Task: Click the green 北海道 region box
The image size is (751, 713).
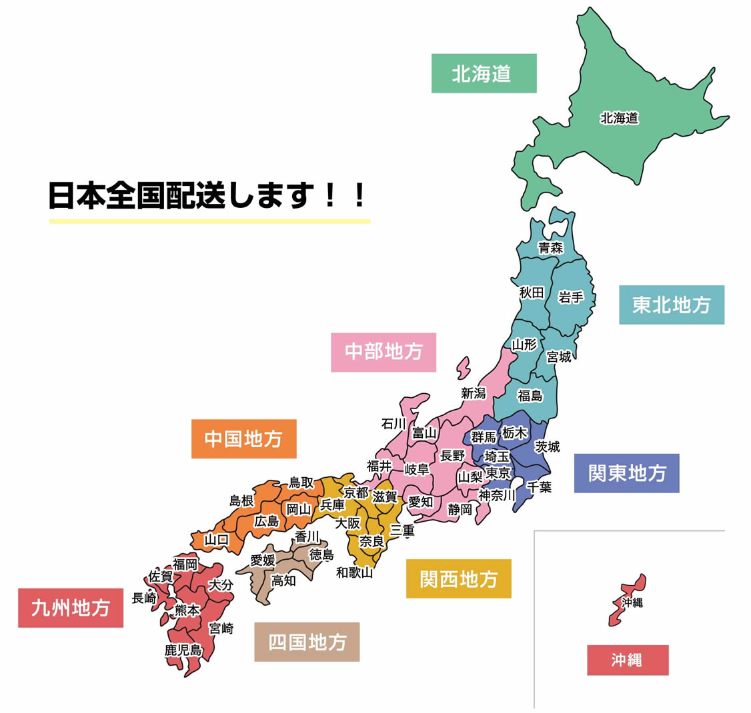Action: point(484,73)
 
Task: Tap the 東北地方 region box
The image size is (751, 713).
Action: point(671,305)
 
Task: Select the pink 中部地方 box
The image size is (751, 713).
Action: point(384,352)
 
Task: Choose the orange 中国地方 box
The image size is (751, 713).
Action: point(243,438)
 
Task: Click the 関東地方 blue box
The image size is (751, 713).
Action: point(626,473)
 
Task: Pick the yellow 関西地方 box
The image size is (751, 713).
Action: point(458,578)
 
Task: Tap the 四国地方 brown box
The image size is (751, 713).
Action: point(307,642)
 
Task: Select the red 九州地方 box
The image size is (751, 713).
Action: point(70,608)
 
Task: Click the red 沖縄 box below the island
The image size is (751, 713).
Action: point(627,660)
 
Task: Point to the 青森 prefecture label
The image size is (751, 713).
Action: point(551,248)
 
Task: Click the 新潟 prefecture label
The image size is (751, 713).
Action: point(474,393)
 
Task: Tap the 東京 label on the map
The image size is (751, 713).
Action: point(498,472)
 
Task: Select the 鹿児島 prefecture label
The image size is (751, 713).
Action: point(183,650)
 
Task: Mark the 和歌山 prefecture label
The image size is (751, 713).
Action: point(354,572)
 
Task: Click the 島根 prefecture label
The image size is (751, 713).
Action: point(241,500)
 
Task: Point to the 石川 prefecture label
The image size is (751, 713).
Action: point(394,424)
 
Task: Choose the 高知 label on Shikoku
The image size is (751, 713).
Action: point(283,580)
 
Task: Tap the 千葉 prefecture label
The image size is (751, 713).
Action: point(539,487)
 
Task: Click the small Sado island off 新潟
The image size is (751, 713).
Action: point(463,368)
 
